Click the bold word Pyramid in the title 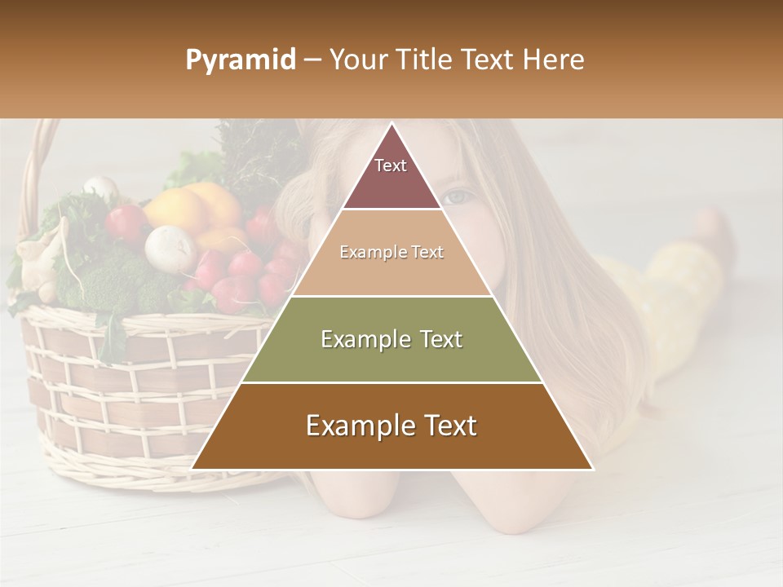click(240, 60)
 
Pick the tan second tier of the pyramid click(391, 253)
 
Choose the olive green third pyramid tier click(391, 339)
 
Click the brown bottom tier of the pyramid click(391, 426)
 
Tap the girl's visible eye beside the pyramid click(459, 196)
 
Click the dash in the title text click(312, 60)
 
